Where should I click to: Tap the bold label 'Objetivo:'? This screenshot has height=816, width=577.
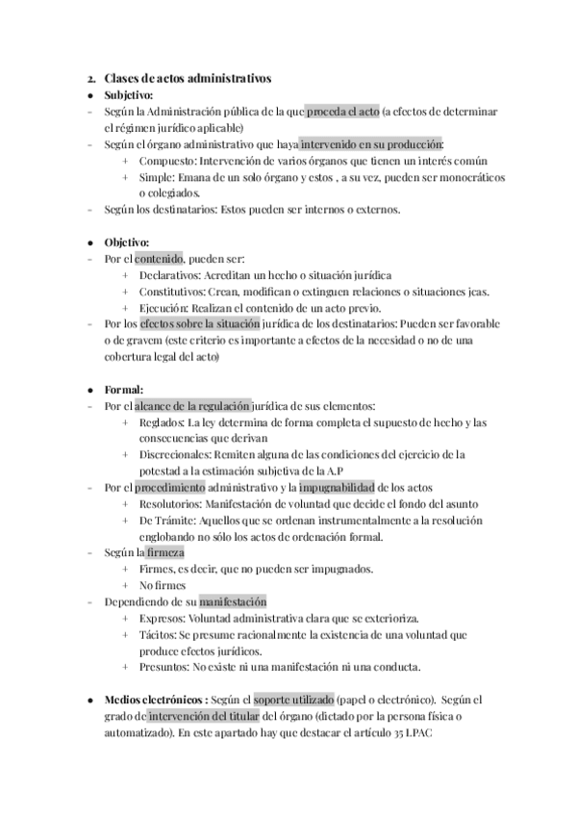[x=126, y=242]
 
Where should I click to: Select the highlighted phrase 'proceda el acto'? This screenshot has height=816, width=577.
[x=343, y=112]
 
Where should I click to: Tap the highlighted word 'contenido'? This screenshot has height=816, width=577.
[x=159, y=259]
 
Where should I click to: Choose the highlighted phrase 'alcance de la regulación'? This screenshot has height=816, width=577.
[x=195, y=406]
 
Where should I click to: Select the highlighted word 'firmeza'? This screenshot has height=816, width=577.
[x=166, y=553]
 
